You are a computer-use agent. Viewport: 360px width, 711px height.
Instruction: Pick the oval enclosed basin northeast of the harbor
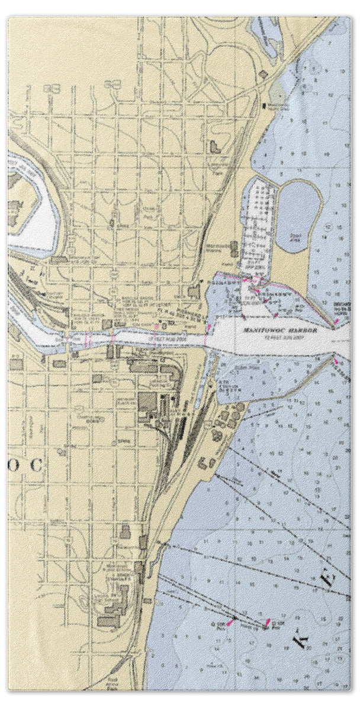point(300,211)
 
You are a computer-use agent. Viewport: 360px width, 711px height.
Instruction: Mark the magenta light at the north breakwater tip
point(336,321)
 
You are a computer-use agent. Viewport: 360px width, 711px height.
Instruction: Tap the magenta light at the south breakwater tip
point(336,359)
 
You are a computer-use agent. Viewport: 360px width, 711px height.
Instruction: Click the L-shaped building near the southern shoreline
point(207,462)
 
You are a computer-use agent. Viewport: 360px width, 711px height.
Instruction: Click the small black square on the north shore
point(263,105)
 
